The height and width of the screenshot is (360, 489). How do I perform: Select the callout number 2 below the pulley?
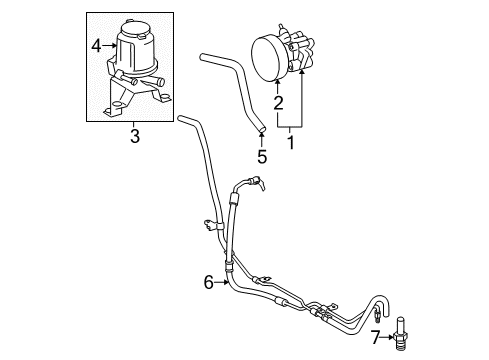click(x=278, y=102)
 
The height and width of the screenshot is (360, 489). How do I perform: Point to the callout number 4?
click(x=97, y=44)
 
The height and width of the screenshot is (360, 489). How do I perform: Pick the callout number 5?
click(x=261, y=157)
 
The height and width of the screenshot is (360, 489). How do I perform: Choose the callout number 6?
click(x=208, y=283)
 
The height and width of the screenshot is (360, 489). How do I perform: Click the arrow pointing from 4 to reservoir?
click(x=109, y=44)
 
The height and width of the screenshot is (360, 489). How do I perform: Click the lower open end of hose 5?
click(x=259, y=127)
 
